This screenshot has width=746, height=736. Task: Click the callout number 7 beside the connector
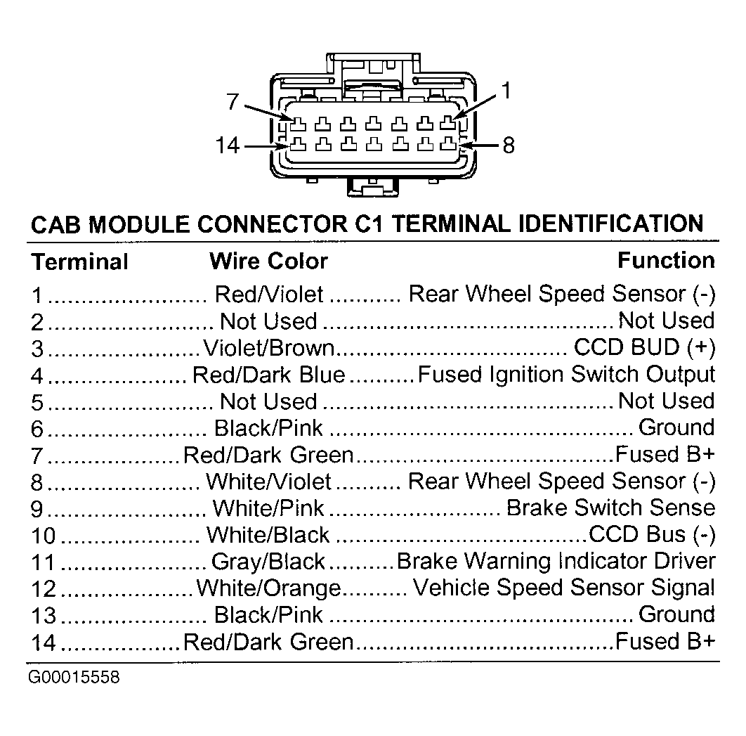[x=233, y=101]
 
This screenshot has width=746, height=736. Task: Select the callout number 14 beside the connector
[x=228, y=145]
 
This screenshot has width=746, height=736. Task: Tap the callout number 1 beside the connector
[x=506, y=91]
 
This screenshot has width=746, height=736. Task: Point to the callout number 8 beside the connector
[x=509, y=146]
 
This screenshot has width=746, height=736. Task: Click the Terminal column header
[x=80, y=262]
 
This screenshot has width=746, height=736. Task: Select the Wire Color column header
[x=269, y=261]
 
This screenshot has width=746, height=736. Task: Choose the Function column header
[x=666, y=260]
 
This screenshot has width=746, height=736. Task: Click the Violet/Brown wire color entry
[x=269, y=348]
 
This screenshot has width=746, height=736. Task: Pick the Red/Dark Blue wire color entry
[x=269, y=375]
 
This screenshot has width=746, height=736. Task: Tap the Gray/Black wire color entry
[x=268, y=562]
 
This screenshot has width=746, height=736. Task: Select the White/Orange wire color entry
[x=269, y=588]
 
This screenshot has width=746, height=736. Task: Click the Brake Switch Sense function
[x=611, y=508]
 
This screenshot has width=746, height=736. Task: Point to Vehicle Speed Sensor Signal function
[x=564, y=588]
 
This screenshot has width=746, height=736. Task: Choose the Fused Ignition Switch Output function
[x=567, y=375]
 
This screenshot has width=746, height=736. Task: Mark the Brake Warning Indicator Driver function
[x=556, y=561]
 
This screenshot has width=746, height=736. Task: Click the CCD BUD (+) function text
[x=645, y=347]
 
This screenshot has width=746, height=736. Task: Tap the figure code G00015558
[x=74, y=677]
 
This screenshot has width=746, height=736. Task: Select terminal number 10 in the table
[x=44, y=536]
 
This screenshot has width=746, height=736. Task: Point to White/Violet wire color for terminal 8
[x=269, y=482]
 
